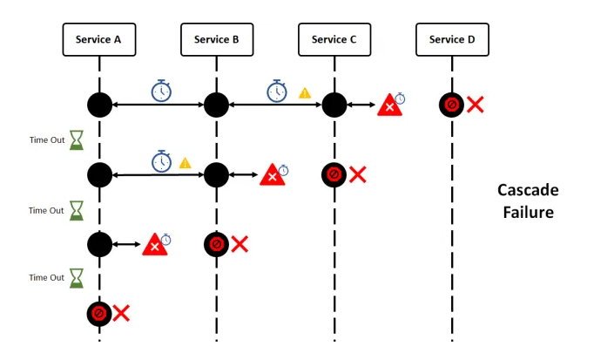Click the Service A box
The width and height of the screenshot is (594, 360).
click(x=98, y=39)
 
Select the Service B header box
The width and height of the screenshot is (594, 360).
click(x=216, y=39)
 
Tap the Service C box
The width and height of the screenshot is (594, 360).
click(x=334, y=39)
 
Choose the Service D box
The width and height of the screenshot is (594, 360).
click(x=452, y=39)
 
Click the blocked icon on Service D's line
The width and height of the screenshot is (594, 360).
click(x=452, y=105)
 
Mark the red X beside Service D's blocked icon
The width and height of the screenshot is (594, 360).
click(x=476, y=105)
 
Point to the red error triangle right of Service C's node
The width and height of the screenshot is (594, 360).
click(x=389, y=106)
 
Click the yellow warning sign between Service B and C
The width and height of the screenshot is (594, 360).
click(x=305, y=92)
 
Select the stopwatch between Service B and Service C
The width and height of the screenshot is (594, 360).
click(x=277, y=90)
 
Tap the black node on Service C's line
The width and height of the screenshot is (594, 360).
click(x=334, y=105)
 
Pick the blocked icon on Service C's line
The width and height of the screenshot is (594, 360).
click(x=334, y=173)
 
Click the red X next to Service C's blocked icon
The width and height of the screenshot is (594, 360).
click(x=357, y=173)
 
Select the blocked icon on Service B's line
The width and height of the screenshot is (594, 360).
click(x=216, y=243)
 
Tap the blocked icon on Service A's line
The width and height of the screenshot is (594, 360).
click(x=98, y=312)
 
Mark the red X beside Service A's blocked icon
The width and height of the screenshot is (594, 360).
click(x=122, y=312)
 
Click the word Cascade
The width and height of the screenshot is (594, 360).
click(x=528, y=190)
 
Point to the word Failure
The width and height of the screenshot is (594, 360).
click(x=528, y=211)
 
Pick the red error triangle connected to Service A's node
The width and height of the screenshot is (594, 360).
click(x=154, y=245)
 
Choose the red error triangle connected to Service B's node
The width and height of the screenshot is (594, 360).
click(x=273, y=175)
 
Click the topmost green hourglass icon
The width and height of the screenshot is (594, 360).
click(x=78, y=139)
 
